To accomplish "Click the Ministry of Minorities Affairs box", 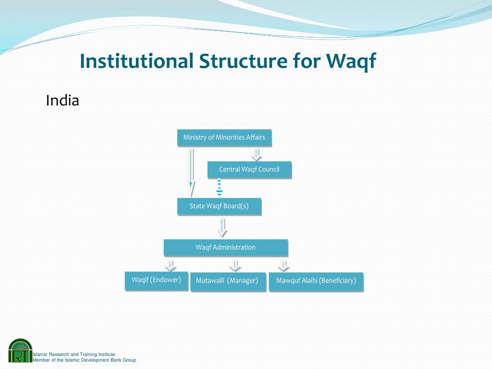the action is point(224,138).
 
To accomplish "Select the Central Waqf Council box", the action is point(249,170).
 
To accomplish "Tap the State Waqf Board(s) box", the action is point(219,207).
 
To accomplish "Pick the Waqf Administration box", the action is point(226,247).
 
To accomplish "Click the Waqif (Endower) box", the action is point(156,281).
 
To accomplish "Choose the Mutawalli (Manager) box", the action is point(228,282).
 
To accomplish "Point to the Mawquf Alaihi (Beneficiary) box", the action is point(316,282).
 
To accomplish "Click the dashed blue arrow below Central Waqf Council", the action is point(219,188).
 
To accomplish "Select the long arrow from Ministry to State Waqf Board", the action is point(191,172).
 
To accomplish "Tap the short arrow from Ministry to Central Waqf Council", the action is point(257,155).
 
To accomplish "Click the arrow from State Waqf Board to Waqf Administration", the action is point(222,227).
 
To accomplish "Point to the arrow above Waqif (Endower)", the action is point(171,265).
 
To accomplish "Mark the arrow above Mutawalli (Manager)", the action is point(235,266).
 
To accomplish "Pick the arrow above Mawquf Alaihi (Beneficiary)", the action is point(283,266).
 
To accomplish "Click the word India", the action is point(62,101).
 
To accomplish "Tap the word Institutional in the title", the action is point(136,61).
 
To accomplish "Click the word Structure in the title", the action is point(243,61).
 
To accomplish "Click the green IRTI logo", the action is point(20,350).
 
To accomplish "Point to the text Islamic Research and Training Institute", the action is point(74,354).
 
